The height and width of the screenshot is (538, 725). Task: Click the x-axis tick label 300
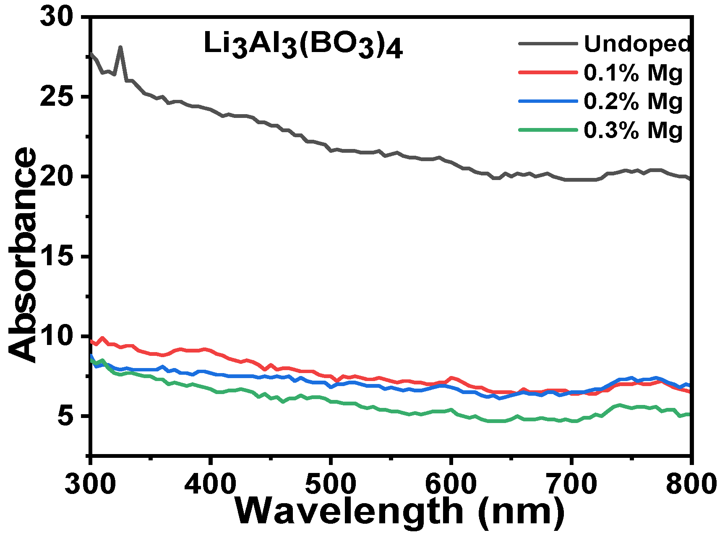90,484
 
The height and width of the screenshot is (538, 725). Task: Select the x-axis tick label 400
210,484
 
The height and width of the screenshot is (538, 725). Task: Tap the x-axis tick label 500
331,484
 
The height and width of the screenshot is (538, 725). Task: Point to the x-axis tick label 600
451,484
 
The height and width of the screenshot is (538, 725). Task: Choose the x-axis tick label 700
571,484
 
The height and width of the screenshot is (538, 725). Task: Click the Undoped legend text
637,44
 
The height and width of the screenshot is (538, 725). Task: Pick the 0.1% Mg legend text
633,73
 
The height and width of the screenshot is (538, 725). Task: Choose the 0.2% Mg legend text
633,101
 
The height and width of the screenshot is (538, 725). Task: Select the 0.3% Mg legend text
633,130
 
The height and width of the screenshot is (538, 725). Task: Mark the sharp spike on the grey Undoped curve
120,48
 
